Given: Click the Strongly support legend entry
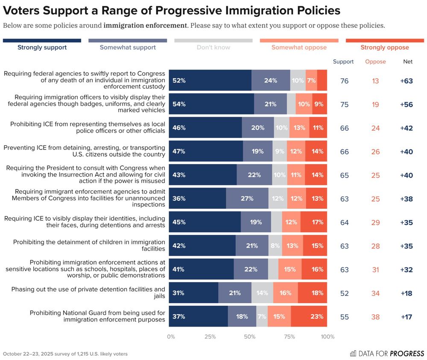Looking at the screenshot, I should [x=42, y=47].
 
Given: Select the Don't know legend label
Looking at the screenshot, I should [x=213, y=47].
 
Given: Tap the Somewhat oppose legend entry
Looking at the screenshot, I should [x=299, y=47].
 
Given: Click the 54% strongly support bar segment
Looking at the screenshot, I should [x=211, y=104].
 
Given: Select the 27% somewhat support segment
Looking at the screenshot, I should [x=247, y=198].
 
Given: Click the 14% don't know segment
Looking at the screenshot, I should [x=262, y=293].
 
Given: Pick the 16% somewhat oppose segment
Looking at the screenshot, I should [x=285, y=293].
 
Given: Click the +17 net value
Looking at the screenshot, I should [x=407, y=316].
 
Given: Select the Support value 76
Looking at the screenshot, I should [x=344, y=81].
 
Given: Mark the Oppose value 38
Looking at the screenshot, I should [x=375, y=316].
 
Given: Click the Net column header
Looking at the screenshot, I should [x=408, y=61].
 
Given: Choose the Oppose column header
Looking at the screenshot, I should [x=375, y=61].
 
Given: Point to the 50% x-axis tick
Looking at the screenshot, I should [x=249, y=337].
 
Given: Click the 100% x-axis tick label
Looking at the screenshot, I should [x=328, y=337].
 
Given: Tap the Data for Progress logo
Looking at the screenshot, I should [x=387, y=353].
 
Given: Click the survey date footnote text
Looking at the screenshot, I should [x=65, y=354].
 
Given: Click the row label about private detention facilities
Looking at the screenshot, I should [x=88, y=293].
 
